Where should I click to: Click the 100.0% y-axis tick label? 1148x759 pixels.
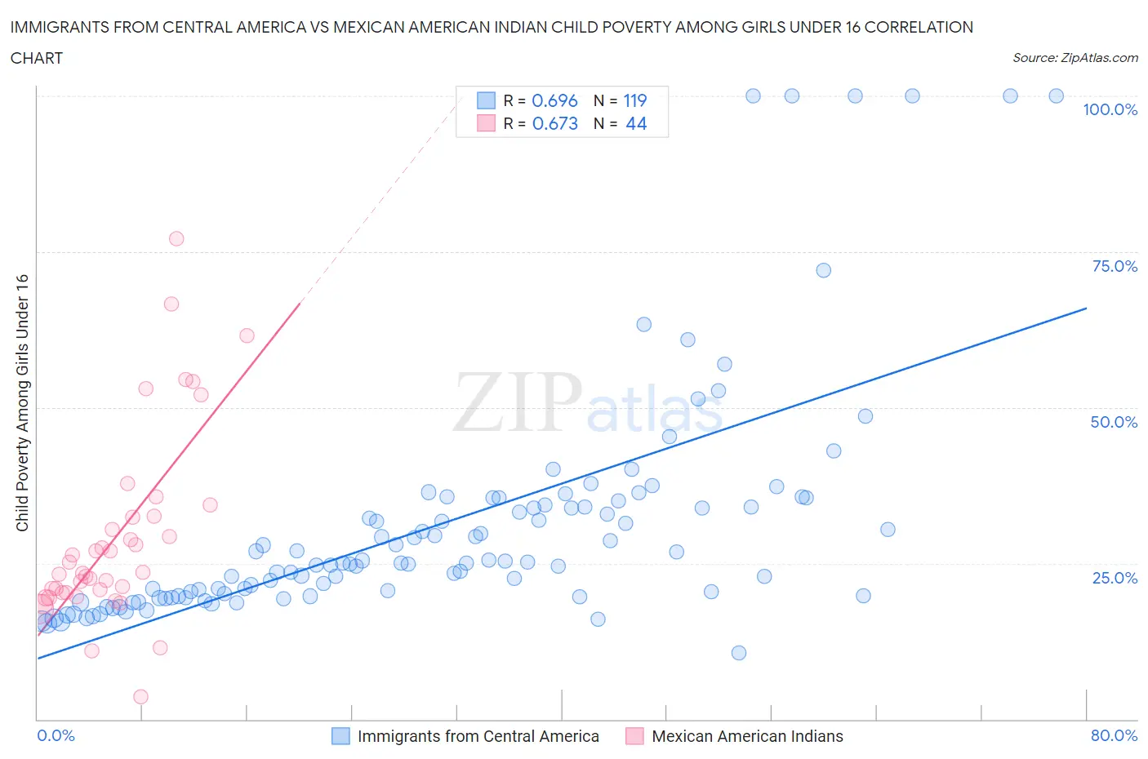point(1110,110)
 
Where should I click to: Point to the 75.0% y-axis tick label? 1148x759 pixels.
point(1115,266)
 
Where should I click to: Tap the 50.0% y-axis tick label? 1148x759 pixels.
point(1114,422)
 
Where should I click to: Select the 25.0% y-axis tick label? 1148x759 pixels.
point(1115,578)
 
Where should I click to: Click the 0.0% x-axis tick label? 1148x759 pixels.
point(56,735)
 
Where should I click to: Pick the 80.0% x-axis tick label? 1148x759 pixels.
point(1114,735)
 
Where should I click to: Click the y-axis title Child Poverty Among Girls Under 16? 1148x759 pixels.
point(23,403)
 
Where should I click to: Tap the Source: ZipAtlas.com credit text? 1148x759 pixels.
point(1075,58)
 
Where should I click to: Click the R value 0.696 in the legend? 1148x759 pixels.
point(554,100)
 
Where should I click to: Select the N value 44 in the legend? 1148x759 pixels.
point(636,123)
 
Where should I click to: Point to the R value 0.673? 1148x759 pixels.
point(554,123)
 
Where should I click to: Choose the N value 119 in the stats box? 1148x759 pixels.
point(635,100)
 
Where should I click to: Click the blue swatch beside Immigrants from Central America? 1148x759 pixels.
point(340,736)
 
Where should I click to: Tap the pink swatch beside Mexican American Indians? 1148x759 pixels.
point(634,736)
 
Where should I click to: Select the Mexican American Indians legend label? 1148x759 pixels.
point(747,736)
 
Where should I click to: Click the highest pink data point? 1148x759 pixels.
point(176,239)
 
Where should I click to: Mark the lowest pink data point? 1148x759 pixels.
point(140,697)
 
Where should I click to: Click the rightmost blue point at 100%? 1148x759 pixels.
point(1056,95)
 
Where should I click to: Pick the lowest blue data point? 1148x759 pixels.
point(739,653)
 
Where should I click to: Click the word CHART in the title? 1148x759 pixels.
point(37,58)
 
